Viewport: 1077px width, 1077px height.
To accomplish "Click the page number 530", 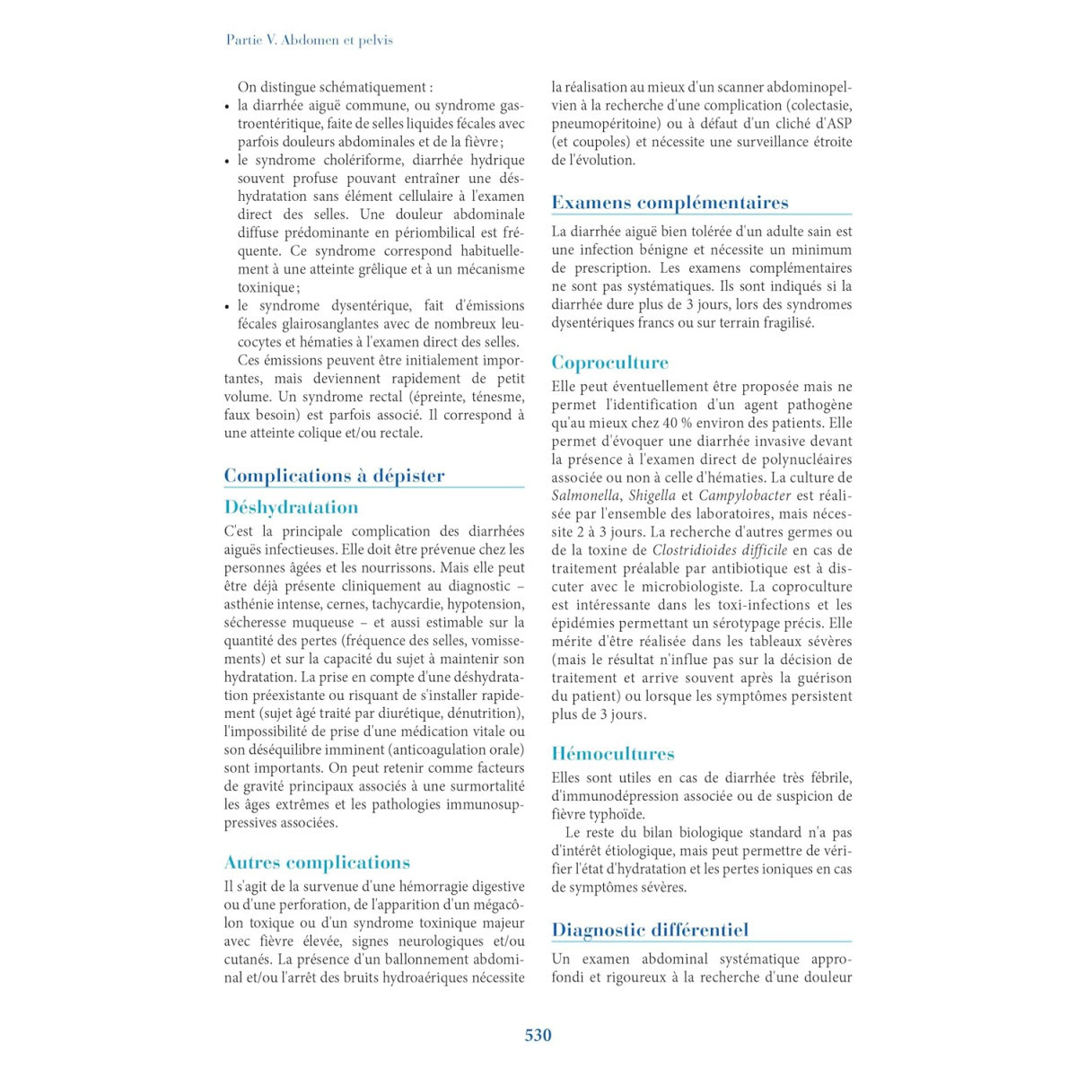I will coord(538,1035).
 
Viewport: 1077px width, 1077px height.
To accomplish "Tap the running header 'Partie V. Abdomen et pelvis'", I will coord(310,40).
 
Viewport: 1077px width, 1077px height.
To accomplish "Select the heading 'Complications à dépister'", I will coord(334,476).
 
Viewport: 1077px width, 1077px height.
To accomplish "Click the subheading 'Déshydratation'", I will coord(291,507).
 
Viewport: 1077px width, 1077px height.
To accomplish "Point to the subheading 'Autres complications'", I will coord(317,862).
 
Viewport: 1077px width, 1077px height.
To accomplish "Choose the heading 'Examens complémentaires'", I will coord(670,203).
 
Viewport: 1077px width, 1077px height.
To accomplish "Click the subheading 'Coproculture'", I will coord(609,363).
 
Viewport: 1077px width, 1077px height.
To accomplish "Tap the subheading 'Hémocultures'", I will coord(613,754).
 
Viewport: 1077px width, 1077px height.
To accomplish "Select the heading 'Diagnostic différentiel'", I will coord(650,930).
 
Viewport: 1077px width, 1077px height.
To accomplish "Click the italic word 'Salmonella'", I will coord(585,495).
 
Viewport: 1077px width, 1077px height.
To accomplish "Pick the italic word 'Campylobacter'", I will coord(745,495).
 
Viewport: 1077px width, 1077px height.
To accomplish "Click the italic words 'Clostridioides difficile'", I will coord(720,550).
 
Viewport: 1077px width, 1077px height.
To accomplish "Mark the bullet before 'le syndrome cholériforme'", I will coord(227,162).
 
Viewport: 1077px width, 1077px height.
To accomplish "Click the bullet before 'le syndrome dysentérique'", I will coord(227,307).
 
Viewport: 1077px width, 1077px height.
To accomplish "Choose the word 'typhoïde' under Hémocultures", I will coord(618,814).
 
